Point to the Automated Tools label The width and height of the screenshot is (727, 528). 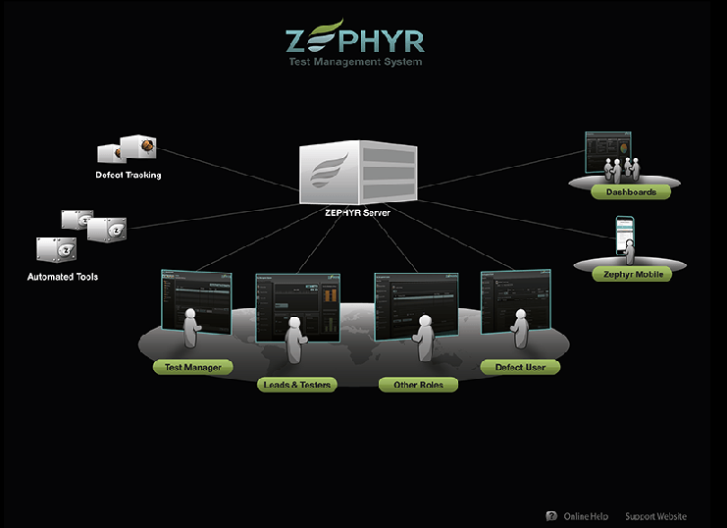(x=63, y=277)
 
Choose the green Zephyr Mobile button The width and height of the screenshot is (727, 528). (x=633, y=274)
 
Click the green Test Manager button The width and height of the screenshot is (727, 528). (x=193, y=367)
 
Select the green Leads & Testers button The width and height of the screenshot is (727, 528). (x=296, y=385)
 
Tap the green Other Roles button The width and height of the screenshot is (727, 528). (x=418, y=385)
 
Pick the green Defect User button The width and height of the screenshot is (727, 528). (x=520, y=367)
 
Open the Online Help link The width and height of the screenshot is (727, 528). (x=586, y=516)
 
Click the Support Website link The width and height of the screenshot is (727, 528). (x=655, y=516)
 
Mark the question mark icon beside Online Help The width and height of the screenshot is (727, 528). (x=551, y=516)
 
